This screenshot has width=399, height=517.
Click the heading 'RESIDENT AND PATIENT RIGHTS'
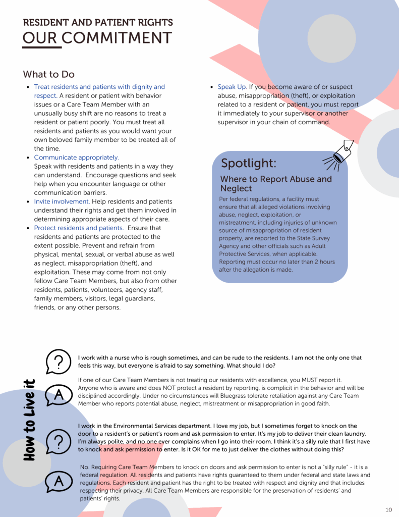(x=98, y=22)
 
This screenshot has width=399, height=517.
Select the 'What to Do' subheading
(x=48, y=74)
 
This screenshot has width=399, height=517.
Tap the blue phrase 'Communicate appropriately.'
(x=77, y=158)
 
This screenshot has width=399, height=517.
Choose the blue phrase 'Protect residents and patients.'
(x=79, y=228)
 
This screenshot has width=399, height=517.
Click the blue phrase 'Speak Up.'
(x=232, y=87)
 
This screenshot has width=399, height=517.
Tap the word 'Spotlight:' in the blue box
(x=249, y=163)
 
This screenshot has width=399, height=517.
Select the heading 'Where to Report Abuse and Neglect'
(x=276, y=184)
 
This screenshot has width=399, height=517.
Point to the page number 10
(x=388, y=509)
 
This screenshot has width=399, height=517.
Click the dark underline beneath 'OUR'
(x=41, y=48)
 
